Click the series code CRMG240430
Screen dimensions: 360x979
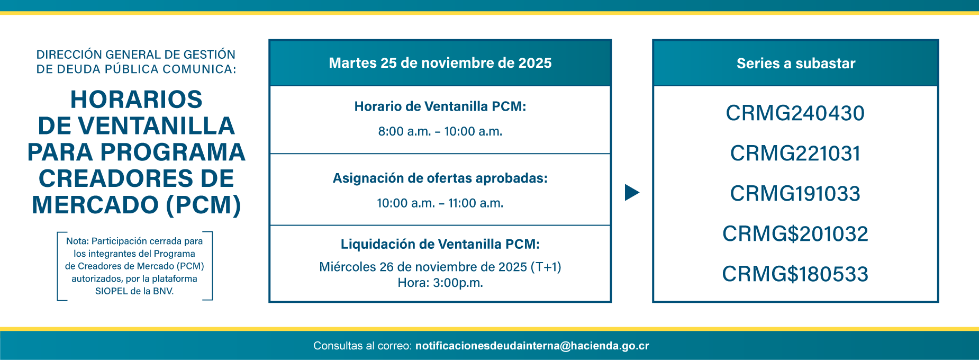pos(795,113)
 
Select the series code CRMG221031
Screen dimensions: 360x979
pos(795,154)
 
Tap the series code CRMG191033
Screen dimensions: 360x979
pos(795,194)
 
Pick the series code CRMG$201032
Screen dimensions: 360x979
pos(795,234)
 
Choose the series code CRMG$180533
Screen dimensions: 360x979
pos(795,274)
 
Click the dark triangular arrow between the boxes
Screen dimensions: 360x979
pos(631,193)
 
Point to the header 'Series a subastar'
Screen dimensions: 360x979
pos(795,64)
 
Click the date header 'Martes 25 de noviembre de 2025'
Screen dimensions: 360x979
pos(440,63)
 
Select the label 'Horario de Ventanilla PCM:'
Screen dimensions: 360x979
pos(440,106)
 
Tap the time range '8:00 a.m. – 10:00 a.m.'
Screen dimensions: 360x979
pos(440,131)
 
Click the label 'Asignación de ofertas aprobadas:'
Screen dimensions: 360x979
pos(440,178)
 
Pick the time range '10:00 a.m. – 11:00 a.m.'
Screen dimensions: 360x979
pos(440,203)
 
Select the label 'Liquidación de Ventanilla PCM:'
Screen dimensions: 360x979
pos(440,244)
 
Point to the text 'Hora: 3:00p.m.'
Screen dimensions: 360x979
pos(440,283)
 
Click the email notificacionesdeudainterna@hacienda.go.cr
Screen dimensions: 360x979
pos(532,346)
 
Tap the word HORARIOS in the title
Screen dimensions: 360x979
pos(137,100)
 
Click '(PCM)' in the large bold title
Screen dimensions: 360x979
pos(204,205)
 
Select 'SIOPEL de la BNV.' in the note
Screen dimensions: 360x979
pos(134,291)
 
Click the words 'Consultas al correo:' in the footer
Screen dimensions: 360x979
pos(362,346)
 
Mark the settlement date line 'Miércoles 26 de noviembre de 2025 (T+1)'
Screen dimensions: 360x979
pos(440,267)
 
